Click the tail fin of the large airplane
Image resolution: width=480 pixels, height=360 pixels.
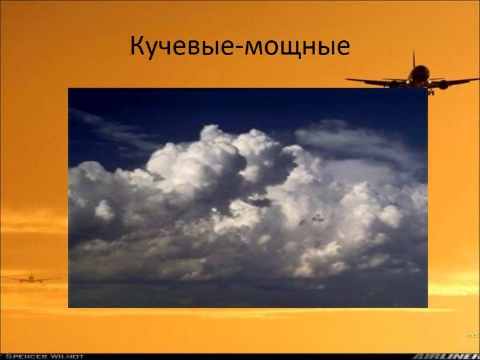coord(414,61)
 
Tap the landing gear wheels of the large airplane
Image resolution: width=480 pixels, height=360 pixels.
coord(430,92)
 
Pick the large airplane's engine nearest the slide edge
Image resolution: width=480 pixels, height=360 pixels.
coord(443,85)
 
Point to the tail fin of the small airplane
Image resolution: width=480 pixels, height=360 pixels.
coord(30,273)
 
